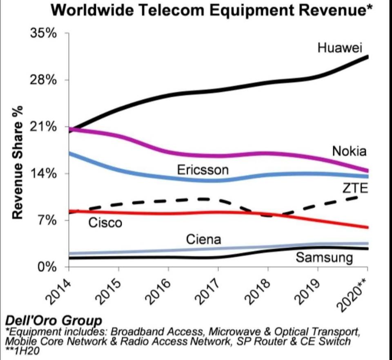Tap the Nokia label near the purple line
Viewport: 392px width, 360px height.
click(349, 151)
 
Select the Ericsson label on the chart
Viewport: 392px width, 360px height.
click(203, 170)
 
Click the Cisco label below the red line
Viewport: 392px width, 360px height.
click(105, 223)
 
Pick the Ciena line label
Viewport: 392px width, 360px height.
click(203, 239)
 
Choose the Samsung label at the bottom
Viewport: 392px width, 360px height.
click(324, 258)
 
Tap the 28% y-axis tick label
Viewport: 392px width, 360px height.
click(44, 80)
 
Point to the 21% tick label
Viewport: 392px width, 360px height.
click(44, 127)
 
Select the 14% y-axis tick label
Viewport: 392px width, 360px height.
click(44, 174)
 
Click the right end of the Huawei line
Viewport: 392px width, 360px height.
click(367, 57)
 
